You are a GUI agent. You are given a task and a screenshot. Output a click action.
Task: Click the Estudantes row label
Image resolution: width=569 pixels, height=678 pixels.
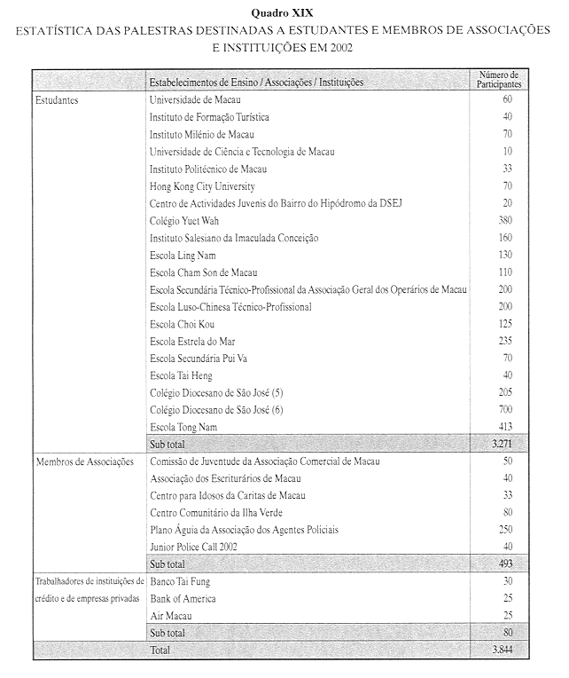tap(57, 100)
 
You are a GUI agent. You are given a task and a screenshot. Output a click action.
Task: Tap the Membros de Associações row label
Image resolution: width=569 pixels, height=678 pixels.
tap(84, 461)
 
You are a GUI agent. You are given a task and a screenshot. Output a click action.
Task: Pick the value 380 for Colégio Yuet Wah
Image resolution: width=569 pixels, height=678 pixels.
tap(505, 221)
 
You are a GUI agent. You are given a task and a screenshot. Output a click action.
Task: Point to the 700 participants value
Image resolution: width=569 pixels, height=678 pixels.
tap(505, 410)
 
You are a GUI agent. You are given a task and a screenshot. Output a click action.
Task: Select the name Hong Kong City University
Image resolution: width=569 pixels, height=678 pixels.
tap(203, 186)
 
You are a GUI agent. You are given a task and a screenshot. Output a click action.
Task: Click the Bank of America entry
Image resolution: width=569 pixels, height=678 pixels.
tap(183, 599)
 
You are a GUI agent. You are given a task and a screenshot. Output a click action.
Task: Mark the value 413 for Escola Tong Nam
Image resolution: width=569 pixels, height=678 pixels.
tap(505, 427)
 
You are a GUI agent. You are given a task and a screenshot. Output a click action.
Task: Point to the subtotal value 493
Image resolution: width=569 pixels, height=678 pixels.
tap(504, 564)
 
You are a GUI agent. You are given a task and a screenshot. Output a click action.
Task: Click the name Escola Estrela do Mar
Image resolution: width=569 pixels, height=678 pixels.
tap(193, 341)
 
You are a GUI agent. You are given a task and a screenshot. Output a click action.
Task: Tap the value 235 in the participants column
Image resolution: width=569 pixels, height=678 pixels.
tap(505, 341)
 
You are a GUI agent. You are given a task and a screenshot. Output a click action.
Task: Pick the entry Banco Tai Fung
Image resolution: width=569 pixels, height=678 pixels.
tap(182, 582)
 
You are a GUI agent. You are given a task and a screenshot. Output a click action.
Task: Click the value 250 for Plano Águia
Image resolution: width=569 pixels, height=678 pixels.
tap(505, 530)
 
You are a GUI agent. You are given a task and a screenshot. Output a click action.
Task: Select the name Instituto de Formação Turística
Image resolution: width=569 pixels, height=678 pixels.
tap(209, 117)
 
